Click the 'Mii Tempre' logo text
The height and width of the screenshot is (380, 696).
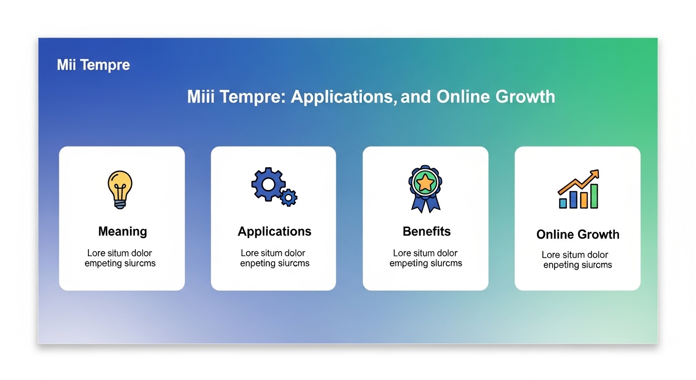93,65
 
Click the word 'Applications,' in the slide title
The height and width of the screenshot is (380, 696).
344,96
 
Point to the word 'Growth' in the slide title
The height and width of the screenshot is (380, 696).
525,96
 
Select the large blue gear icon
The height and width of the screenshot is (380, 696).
268,185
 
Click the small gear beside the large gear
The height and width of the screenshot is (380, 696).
289,197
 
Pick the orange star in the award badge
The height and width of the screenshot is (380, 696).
425,183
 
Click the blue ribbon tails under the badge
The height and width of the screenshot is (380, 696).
426,203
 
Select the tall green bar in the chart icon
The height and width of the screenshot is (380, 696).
594,196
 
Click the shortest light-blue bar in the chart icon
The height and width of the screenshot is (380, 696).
563,203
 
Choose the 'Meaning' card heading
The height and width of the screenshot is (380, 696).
123,232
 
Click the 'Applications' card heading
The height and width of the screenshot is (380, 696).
274,232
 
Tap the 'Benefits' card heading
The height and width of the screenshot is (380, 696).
427,232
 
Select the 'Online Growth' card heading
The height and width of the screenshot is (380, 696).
578,235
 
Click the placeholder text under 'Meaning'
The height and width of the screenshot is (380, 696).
120,258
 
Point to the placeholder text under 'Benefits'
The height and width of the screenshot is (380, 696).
426,258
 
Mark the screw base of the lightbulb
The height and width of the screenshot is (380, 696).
120,204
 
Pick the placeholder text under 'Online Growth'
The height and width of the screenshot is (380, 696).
577,260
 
